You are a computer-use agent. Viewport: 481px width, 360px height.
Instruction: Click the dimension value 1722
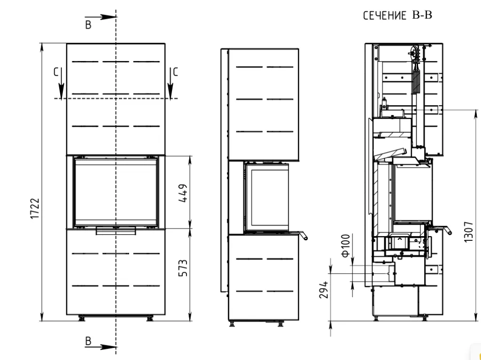point(35,208)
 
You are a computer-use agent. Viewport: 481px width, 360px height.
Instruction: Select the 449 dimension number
point(183,193)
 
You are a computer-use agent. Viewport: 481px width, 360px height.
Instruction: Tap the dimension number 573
point(183,268)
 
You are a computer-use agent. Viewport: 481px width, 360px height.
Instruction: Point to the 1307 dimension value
point(468,232)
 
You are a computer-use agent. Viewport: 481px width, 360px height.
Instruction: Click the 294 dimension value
point(324,290)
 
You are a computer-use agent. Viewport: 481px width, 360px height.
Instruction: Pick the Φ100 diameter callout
point(345,245)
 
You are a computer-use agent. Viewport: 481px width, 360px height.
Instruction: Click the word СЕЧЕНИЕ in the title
point(385,15)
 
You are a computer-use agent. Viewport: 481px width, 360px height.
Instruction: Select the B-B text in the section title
point(422,15)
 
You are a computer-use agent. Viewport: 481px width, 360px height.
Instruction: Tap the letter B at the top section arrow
point(88,25)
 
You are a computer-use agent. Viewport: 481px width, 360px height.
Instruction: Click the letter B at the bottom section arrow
point(88,341)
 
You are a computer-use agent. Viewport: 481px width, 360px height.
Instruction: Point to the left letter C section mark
point(56,72)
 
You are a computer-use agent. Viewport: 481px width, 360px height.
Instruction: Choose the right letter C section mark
point(176,72)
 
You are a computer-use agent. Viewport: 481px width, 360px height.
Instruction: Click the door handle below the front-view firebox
point(116,230)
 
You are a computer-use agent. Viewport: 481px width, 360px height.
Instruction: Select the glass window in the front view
point(116,191)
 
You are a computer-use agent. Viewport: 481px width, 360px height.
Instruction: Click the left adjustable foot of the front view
point(82,318)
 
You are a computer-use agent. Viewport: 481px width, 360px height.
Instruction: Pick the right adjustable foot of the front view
point(150,318)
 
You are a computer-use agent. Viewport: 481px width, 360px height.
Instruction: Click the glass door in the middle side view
point(266,197)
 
